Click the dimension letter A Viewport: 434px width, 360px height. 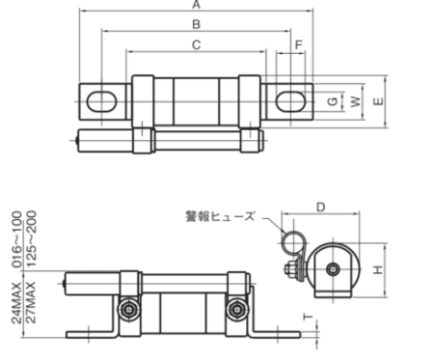coord(197,5)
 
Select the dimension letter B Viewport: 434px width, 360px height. coord(197,24)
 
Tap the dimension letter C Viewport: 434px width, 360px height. coord(197,44)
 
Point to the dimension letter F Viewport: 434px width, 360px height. coord(299,45)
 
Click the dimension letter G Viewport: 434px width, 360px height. coord(331,100)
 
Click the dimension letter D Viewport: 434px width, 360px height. coord(321,207)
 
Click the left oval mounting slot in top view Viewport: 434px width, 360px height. coord(102,100)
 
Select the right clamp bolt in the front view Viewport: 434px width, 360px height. coord(234,309)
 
